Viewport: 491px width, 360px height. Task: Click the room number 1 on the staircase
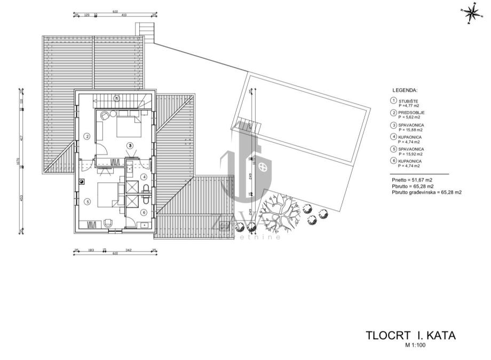click(116, 97)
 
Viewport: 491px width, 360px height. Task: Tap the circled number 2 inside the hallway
click(86, 136)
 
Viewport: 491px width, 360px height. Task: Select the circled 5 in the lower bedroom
click(86, 201)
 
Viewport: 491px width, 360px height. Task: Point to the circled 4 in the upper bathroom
click(144, 177)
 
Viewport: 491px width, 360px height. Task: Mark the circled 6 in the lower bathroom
click(144, 212)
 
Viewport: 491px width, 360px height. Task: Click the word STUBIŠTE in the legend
click(408, 101)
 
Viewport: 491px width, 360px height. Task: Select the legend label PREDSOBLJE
click(411, 113)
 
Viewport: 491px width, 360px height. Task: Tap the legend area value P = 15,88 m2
click(410, 130)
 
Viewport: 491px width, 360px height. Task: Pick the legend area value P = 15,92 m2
click(410, 154)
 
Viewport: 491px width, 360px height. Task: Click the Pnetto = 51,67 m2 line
click(411, 181)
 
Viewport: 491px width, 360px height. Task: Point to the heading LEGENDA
click(405, 91)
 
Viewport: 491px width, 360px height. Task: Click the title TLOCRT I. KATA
click(410, 335)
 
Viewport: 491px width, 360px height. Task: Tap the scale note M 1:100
click(416, 345)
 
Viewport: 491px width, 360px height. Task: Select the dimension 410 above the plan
click(124, 15)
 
